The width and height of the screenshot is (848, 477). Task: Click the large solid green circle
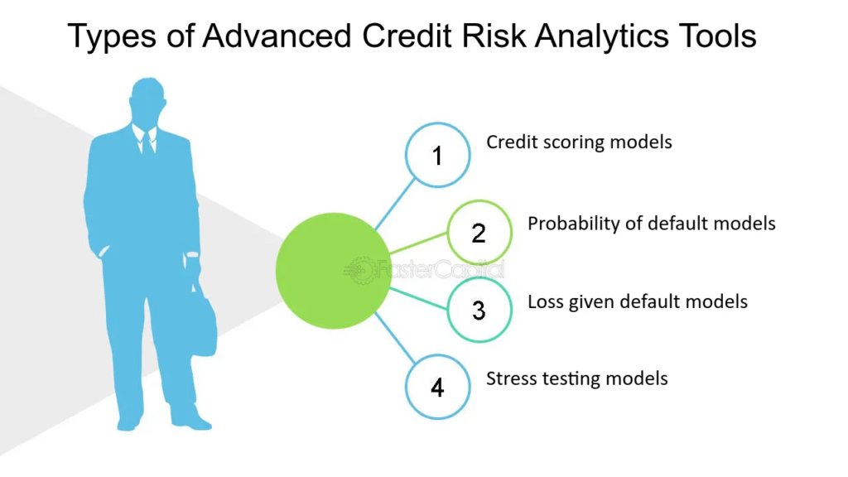point(333,271)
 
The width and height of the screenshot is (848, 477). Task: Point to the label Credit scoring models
point(579,142)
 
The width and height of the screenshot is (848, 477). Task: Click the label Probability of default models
point(651,224)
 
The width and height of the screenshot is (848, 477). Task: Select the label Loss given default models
point(637,301)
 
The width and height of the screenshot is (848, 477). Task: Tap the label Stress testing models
point(576,378)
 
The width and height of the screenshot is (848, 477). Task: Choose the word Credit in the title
point(407,36)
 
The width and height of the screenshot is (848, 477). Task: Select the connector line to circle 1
point(395,204)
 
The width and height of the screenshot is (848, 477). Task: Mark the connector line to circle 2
point(418,243)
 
